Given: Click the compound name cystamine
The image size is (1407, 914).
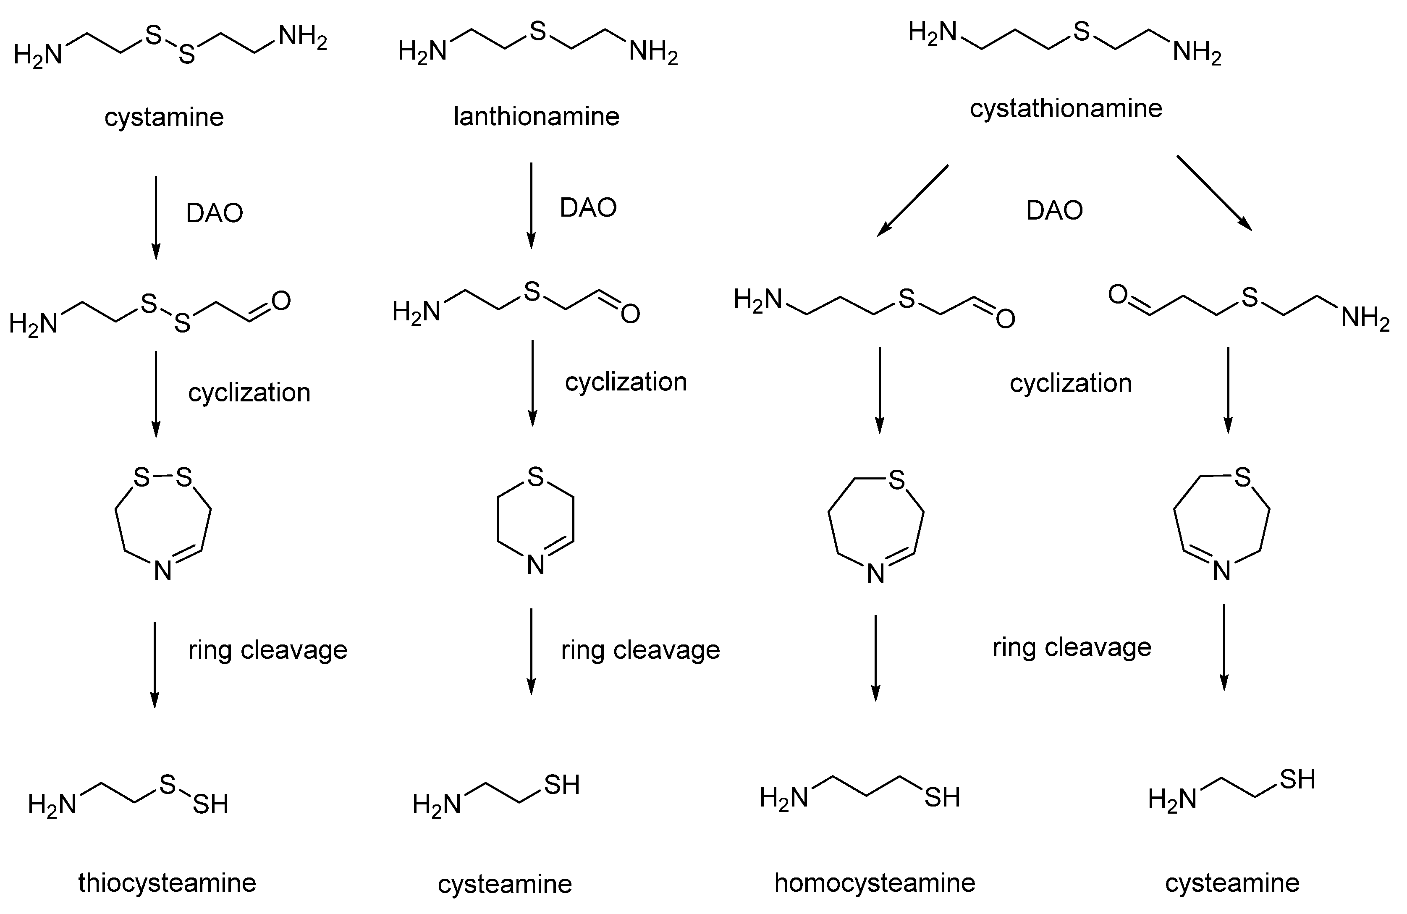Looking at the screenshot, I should [164, 117].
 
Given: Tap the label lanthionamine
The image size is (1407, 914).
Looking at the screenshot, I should [536, 116].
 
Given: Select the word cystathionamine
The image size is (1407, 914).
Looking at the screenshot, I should [1066, 108].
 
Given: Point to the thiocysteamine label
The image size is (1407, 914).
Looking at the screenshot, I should [167, 883].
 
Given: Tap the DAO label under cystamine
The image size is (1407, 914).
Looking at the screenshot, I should [215, 213].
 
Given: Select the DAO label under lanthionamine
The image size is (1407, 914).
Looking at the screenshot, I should [588, 207].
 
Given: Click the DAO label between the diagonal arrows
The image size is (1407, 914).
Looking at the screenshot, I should [1055, 210].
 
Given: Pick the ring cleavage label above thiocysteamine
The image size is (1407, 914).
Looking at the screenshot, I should [268, 650].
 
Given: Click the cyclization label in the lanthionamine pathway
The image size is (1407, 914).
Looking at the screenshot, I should [626, 382].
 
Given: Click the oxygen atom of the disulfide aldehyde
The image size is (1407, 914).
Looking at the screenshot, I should [281, 301].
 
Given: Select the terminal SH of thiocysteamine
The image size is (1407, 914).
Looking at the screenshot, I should [210, 804].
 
